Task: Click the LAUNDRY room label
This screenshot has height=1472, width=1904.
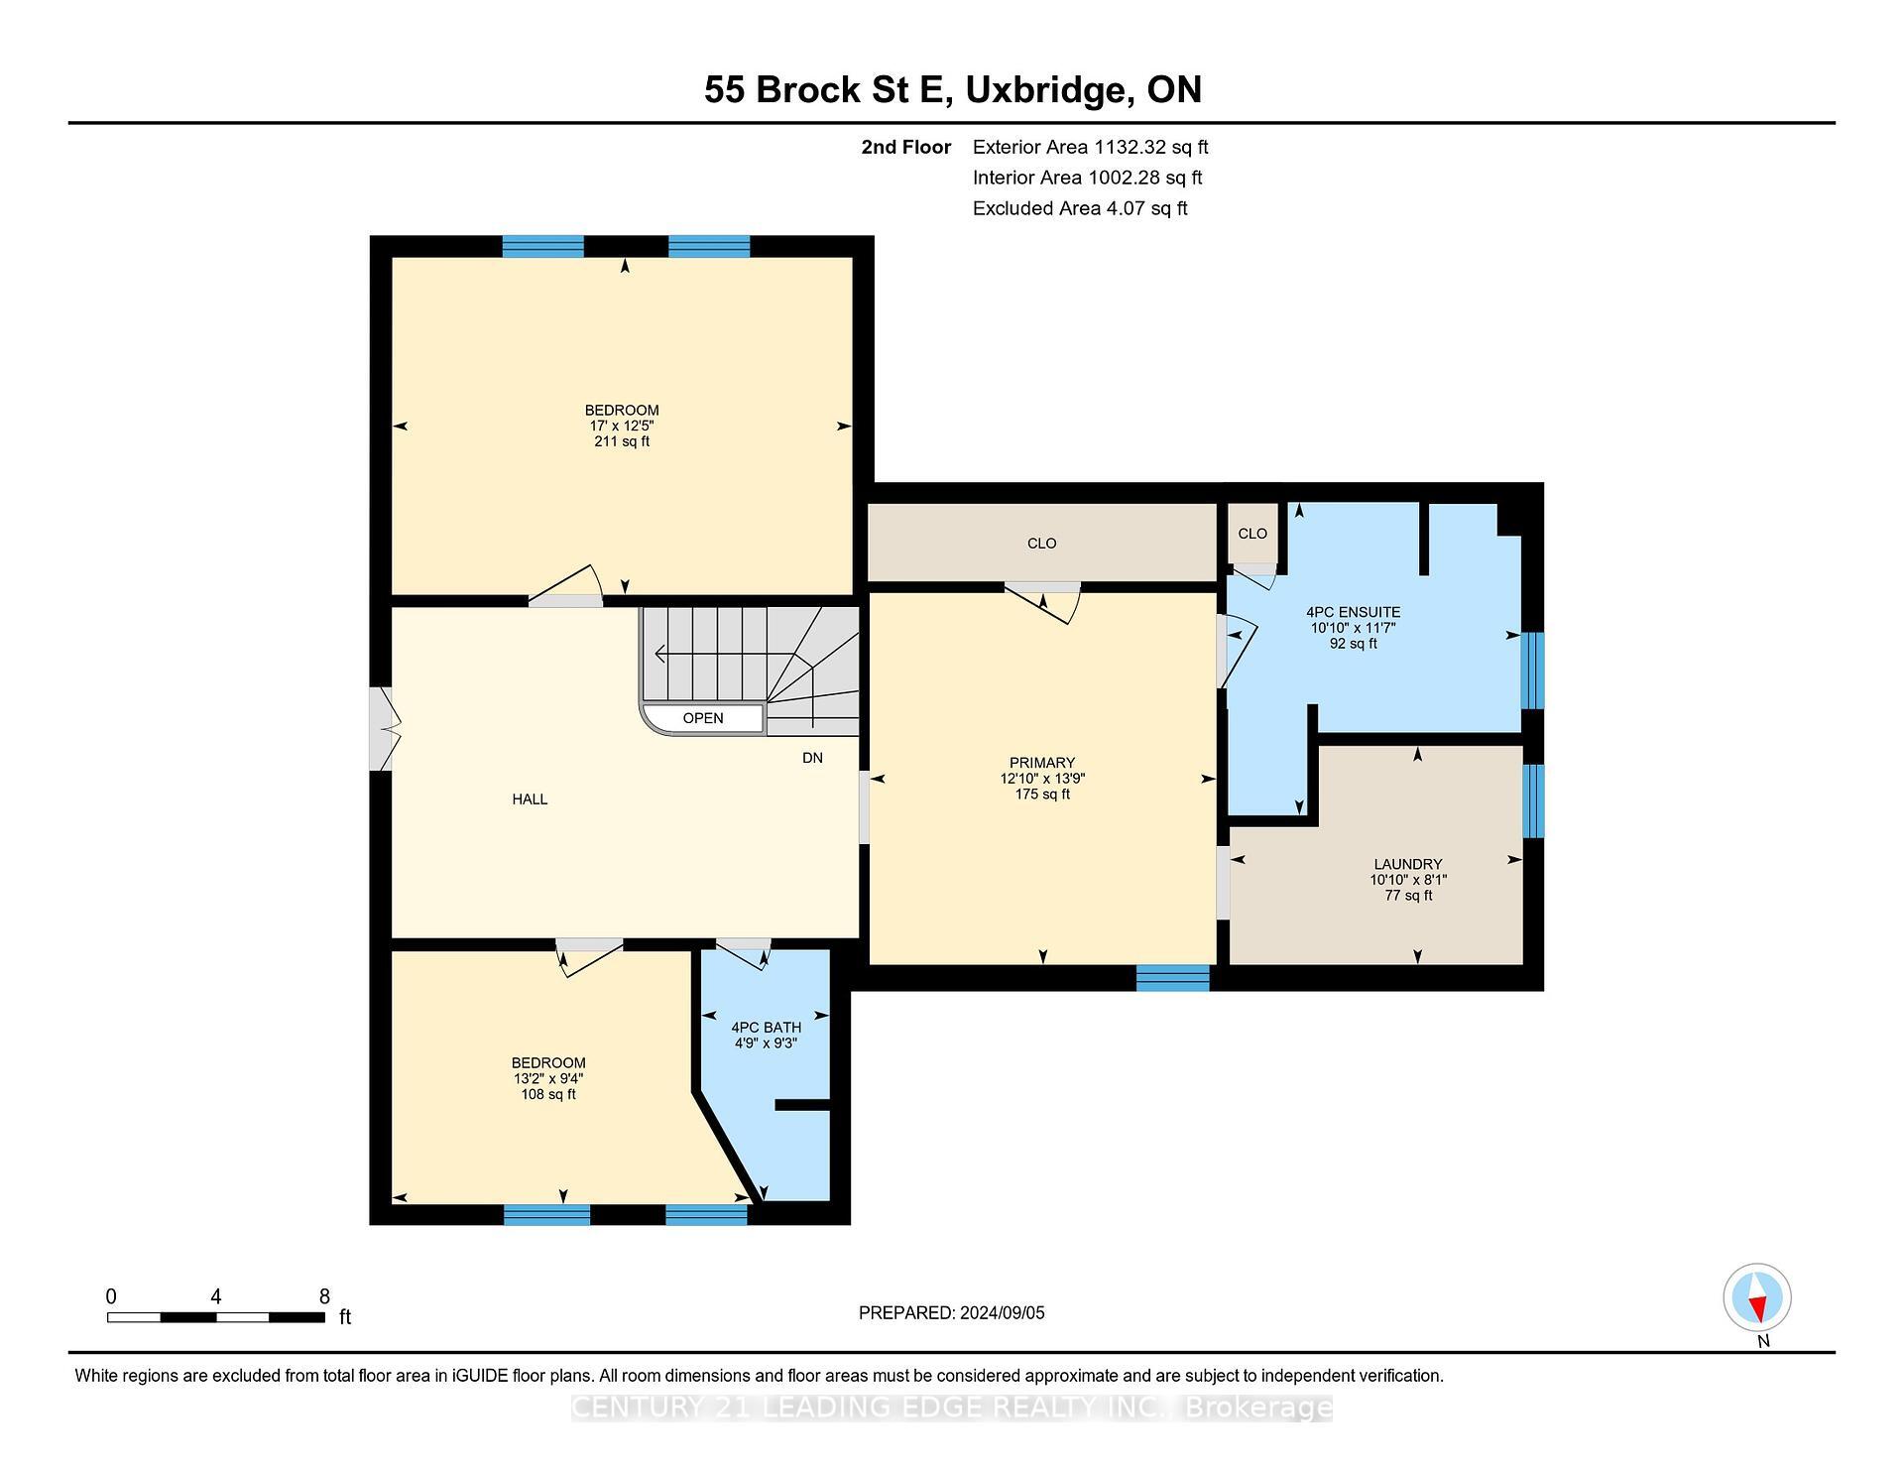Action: click(1407, 864)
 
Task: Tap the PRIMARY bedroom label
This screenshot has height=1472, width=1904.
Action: click(1042, 763)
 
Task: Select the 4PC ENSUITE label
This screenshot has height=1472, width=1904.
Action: click(1353, 612)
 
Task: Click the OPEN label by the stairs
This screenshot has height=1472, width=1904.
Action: click(703, 718)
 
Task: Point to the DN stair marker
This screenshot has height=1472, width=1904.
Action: click(812, 758)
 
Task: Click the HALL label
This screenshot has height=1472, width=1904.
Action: click(530, 799)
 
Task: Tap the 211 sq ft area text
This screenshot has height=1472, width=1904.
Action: click(622, 441)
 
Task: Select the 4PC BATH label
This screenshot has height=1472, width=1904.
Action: click(765, 1028)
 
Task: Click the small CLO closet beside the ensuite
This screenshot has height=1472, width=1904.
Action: click(1252, 534)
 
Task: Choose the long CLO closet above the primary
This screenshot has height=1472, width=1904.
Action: click(1041, 544)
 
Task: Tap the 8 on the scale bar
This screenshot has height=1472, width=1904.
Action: click(324, 1296)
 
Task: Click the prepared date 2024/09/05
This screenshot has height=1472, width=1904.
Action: click(1002, 1313)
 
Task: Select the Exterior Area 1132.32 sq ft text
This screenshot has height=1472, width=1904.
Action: click(1090, 148)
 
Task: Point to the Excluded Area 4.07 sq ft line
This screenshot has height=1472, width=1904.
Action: click(1080, 208)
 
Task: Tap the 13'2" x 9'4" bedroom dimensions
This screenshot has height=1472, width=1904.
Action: click(548, 1078)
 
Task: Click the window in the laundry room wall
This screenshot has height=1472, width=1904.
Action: click(1533, 800)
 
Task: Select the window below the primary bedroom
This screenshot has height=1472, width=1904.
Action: click(1172, 978)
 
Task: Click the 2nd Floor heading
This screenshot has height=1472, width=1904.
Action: click(905, 148)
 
